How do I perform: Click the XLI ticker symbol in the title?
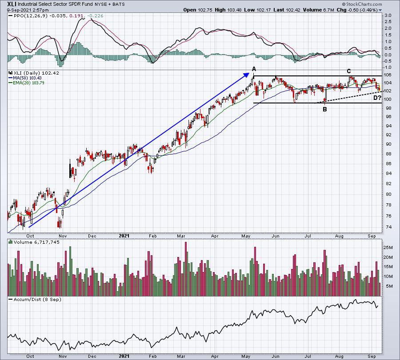tap(12, 4)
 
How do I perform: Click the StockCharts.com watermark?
tap(362, 4)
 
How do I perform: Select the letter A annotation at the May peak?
tap(254, 69)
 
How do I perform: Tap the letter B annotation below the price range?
tap(325, 109)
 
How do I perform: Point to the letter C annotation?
tap(349, 71)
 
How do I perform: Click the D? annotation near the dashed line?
tap(377, 98)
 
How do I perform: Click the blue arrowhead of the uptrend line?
tap(246, 75)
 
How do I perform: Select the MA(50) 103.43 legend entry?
tap(27, 78)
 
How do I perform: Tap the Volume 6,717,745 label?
tap(36, 242)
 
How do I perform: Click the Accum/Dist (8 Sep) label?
tap(37, 299)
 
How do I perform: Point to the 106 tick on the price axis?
tap(388, 75)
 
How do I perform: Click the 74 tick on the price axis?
tap(387, 227)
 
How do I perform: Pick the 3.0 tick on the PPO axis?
tap(388, 16)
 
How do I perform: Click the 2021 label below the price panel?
tap(124, 236)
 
